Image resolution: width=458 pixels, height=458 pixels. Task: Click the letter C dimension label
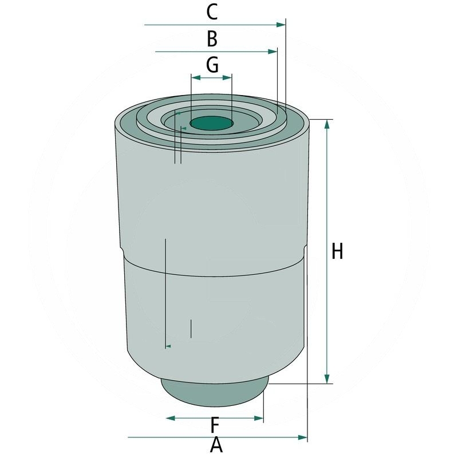pyautogui.click(x=212, y=11)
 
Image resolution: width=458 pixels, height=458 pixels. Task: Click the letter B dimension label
pyautogui.click(x=212, y=39)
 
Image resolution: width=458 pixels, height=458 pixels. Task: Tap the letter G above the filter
pyautogui.click(x=212, y=65)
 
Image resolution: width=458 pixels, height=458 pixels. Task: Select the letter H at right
pyautogui.click(x=337, y=251)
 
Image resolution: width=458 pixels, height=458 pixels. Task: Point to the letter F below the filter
pyautogui.click(x=215, y=425)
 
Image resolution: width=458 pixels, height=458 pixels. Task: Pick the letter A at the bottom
pyautogui.click(x=216, y=445)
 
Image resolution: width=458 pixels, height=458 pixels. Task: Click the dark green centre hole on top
pyautogui.click(x=211, y=123)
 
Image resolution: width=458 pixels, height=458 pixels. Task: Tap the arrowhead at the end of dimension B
pyautogui.click(x=273, y=52)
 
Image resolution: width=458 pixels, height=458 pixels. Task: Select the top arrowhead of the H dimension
pyautogui.click(x=327, y=124)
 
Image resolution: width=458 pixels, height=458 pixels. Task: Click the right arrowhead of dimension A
pyautogui.click(x=303, y=437)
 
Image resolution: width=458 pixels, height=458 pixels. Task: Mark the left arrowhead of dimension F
pyautogui.click(x=171, y=418)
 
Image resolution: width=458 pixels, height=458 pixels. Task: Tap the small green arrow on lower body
pyautogui.click(x=168, y=346)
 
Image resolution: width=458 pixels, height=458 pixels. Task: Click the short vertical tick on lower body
pyautogui.click(x=191, y=328)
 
